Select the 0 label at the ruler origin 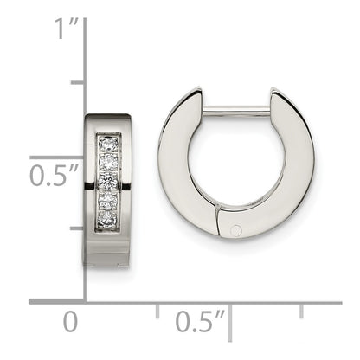point(70,322)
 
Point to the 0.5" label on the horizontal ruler point(200,322)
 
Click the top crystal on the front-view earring point(108,143)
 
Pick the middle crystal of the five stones point(108,182)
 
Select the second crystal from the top point(108,162)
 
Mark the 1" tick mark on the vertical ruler point(77,83)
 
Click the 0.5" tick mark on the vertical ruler point(77,156)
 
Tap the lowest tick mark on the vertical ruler point(77,228)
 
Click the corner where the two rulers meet point(85,301)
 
